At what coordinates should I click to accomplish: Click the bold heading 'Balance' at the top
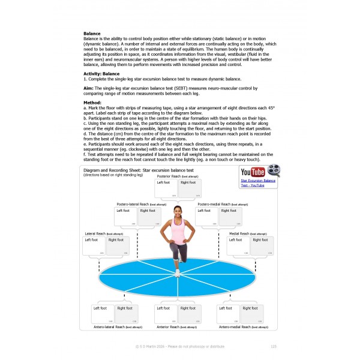(x=92, y=34)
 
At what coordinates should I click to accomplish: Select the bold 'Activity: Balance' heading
(x=102, y=73)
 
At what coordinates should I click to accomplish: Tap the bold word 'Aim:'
(x=89, y=88)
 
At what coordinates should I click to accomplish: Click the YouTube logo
(x=253, y=172)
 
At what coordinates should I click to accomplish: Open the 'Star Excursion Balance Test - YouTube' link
(x=258, y=182)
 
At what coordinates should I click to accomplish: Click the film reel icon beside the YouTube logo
(x=274, y=171)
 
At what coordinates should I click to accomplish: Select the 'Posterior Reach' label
(x=170, y=176)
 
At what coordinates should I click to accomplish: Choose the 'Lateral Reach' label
(x=96, y=233)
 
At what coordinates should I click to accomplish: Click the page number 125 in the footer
(x=273, y=346)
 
